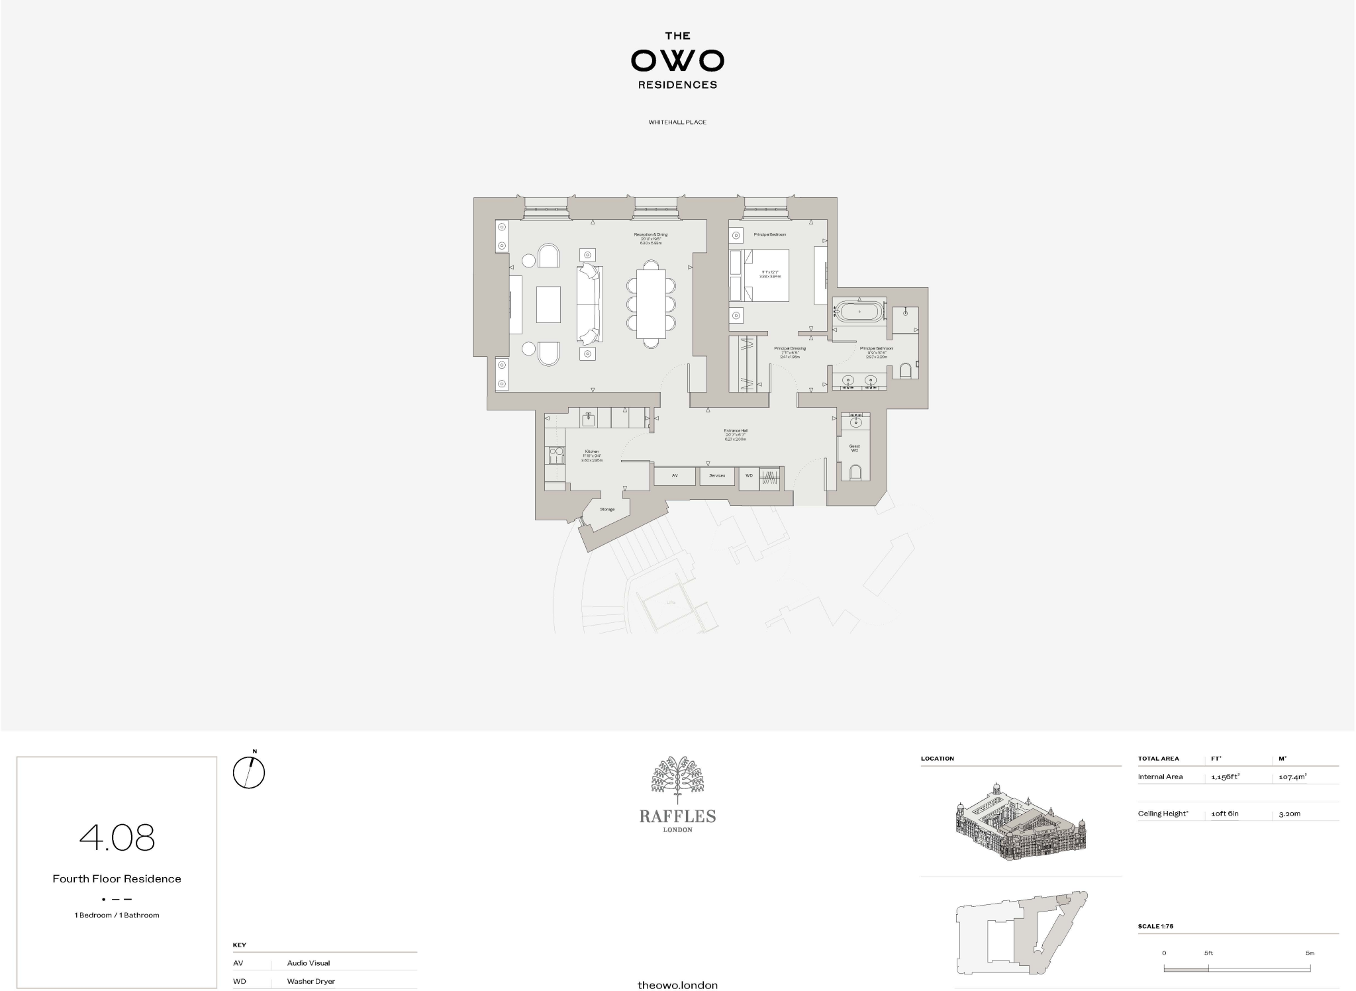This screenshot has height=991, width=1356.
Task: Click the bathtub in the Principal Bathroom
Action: pyautogui.click(x=859, y=311)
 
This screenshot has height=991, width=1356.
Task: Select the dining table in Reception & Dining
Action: pyautogui.click(x=651, y=304)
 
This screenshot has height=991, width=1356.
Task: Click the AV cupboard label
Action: pyautogui.click(x=675, y=476)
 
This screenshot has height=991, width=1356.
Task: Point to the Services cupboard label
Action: pyautogui.click(x=717, y=476)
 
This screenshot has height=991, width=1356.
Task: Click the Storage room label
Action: pyautogui.click(x=607, y=509)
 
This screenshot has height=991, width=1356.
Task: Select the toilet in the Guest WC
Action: pyautogui.click(x=855, y=472)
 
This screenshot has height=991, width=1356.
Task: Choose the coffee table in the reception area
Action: pyautogui.click(x=548, y=304)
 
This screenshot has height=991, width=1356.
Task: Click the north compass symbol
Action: pyautogui.click(x=249, y=772)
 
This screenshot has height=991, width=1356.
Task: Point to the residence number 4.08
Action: pyautogui.click(x=117, y=838)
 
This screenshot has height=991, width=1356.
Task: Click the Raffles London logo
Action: pyautogui.click(x=677, y=794)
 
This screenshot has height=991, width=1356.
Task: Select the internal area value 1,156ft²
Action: pyautogui.click(x=1225, y=777)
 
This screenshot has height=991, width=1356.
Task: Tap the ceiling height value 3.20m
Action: pyautogui.click(x=1290, y=814)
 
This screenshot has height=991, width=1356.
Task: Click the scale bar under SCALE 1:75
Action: pyautogui.click(x=1237, y=968)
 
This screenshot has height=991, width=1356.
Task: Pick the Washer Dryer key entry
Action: pyautogui.click(x=311, y=981)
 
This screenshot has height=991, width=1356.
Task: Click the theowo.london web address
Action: pyautogui.click(x=677, y=985)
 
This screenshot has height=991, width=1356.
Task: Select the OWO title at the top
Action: pyautogui.click(x=677, y=61)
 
